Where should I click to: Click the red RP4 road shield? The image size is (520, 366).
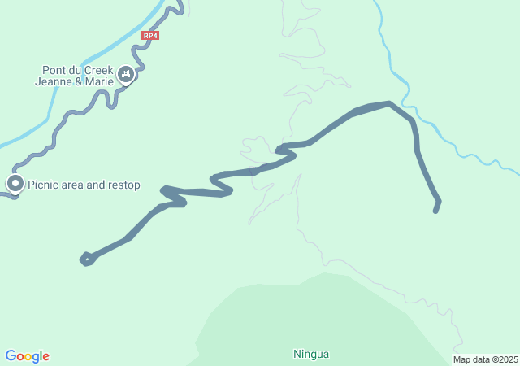click(149, 35)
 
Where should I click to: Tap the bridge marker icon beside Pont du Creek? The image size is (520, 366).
click(125, 76)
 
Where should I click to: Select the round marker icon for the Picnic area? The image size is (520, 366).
click(15, 184)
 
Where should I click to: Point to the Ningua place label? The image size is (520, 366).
click(310, 354)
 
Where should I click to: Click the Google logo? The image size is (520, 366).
click(27, 356)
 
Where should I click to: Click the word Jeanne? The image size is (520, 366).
click(54, 81)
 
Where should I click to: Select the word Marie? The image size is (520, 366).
click(98, 81)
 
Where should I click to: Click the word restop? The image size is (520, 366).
click(124, 185)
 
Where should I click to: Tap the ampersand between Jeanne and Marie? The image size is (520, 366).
click(78, 81)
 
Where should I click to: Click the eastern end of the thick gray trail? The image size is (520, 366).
click(436, 211)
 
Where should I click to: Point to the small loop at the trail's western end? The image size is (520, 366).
click(85, 259)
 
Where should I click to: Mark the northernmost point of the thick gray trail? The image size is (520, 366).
click(389, 103)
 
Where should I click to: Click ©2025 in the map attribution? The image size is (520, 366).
click(504, 359)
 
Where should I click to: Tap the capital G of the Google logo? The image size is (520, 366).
click(11, 356)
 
